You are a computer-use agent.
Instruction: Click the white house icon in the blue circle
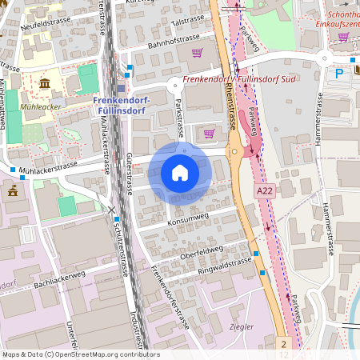[180, 173]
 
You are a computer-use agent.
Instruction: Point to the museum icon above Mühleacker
[43, 83]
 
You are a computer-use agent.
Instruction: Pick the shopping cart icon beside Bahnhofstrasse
[197, 53]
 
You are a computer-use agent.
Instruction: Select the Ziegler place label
[241, 327]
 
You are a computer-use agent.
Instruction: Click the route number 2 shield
[283, 343]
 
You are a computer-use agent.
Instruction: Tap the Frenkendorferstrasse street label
[169, 301]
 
